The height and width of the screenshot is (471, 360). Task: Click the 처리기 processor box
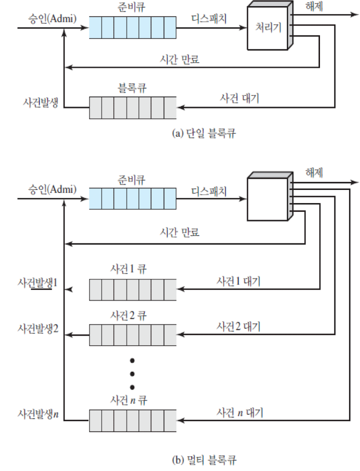click(268, 28)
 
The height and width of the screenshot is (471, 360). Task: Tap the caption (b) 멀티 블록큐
click(204, 459)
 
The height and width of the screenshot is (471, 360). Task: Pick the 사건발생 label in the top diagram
click(41, 103)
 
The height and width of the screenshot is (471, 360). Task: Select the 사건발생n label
click(38, 414)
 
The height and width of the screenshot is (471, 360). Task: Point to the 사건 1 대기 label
click(239, 281)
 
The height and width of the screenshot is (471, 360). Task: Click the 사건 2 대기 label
click(239, 327)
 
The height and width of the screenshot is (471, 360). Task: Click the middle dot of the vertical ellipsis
click(131, 373)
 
